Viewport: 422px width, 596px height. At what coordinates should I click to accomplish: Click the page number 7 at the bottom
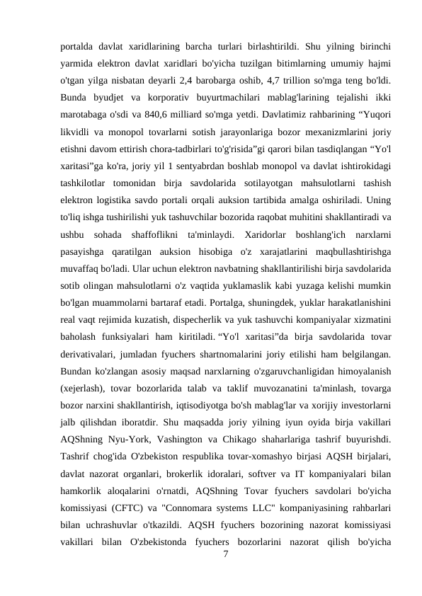coord(225,554)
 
